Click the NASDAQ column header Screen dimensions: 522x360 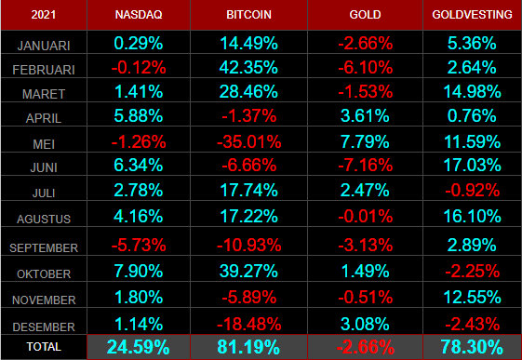tap(139, 15)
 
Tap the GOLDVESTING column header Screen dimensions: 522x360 tap(472, 15)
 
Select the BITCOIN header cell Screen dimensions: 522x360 tap(248, 15)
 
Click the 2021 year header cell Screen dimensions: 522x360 tap(44, 15)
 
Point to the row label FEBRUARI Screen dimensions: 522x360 tap(44, 70)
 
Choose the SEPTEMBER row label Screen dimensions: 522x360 tap(44, 247)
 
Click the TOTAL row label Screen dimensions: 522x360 tap(44, 347)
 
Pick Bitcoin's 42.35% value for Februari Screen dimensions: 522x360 tap(248, 68)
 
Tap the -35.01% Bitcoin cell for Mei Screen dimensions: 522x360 tap(248, 141)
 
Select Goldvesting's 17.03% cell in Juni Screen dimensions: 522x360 tap(472, 165)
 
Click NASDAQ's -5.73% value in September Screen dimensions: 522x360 tap(139, 246)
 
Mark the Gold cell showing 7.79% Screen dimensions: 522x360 tap(365, 141)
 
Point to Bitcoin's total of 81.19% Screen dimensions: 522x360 tap(248, 347)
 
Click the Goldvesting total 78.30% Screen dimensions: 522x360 tap(472, 347)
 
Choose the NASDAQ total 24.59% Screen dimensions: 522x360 tap(139, 347)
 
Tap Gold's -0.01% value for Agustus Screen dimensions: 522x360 tap(365, 217)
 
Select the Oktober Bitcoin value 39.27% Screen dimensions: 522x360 tap(248, 271)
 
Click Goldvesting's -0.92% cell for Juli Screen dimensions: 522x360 tap(472, 191)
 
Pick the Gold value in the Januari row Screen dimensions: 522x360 tap(365, 43)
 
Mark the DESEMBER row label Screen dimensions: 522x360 tap(44, 327)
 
